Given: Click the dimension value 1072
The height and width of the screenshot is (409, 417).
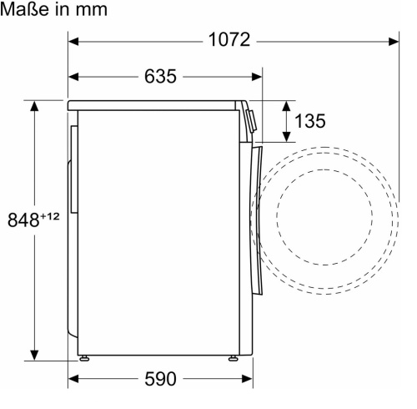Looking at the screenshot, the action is (x=229, y=39).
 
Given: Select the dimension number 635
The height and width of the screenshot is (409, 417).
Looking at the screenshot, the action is (x=160, y=76).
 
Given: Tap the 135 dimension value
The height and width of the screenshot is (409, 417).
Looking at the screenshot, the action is (x=309, y=121).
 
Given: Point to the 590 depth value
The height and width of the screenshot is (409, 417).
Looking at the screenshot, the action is (x=160, y=379).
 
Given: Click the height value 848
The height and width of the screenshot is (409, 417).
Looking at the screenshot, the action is (x=23, y=220).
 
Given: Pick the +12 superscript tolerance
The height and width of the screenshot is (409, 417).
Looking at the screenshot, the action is (x=50, y=216).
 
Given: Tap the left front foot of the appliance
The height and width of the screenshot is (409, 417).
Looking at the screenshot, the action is (x=84, y=358).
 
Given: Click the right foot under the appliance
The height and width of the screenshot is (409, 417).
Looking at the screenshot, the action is (x=233, y=358).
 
